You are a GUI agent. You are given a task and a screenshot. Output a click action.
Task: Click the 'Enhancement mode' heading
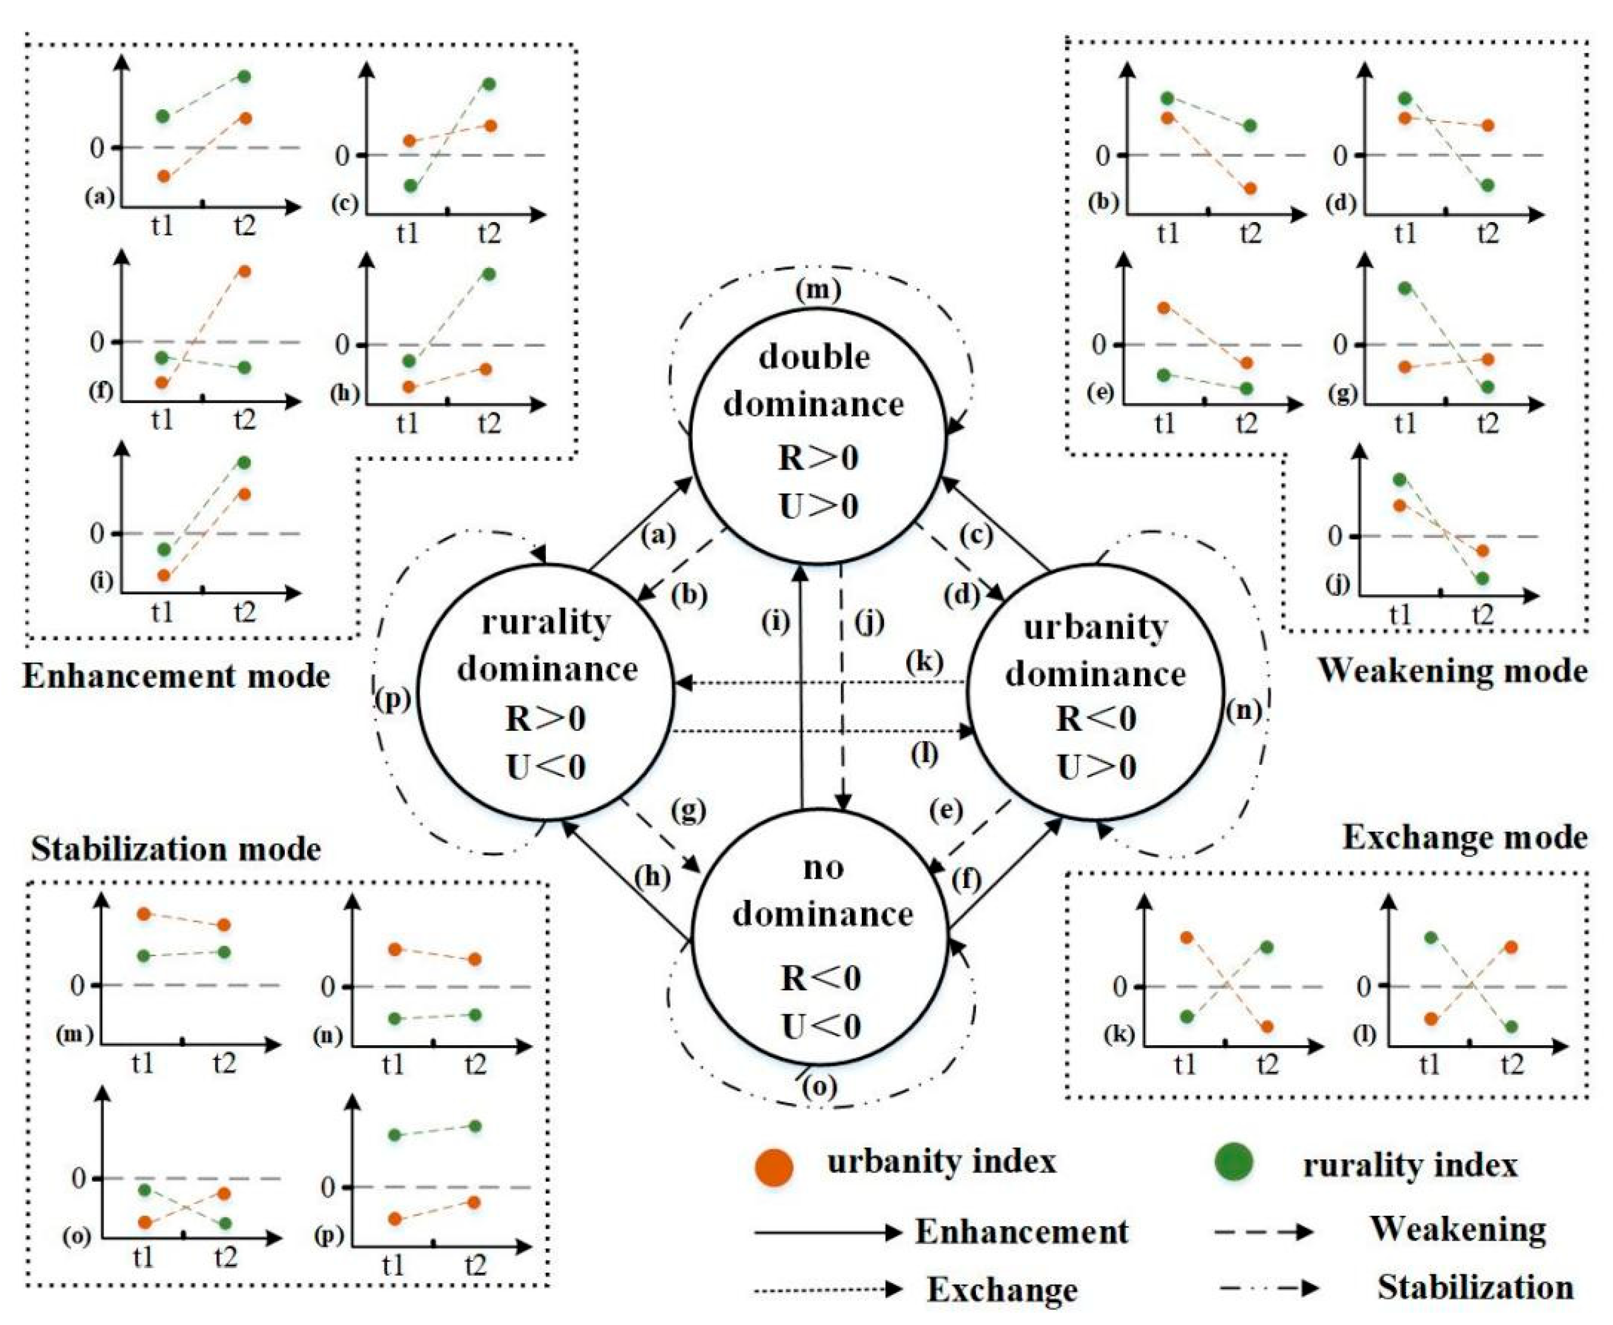pyautogui.click(x=176, y=676)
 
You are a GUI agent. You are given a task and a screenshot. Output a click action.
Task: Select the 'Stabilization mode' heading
pyautogui.click(x=176, y=849)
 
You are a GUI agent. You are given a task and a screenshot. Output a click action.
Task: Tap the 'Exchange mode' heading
pyautogui.click(x=1464, y=837)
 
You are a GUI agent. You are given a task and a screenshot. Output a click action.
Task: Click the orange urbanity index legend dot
pyautogui.click(x=774, y=1166)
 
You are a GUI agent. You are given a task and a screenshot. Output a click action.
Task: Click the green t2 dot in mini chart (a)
pyautogui.click(x=245, y=76)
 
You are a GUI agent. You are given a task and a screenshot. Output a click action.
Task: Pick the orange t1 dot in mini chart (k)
pyautogui.click(x=1186, y=937)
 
